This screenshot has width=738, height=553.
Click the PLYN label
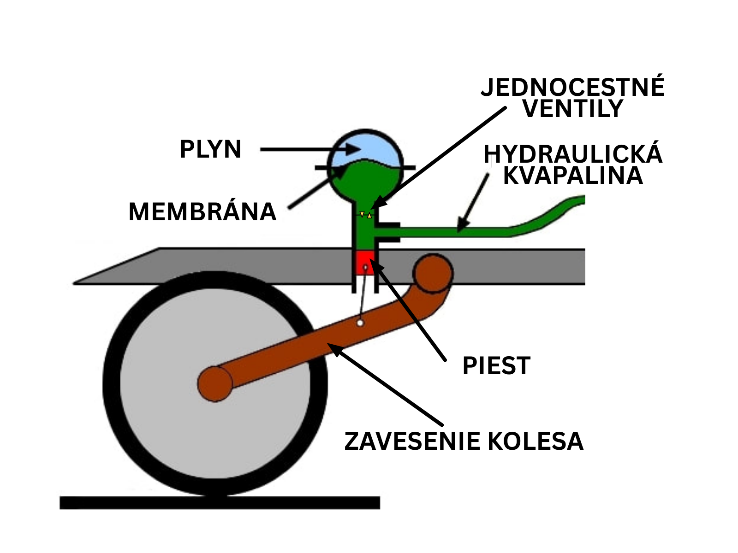click(210, 149)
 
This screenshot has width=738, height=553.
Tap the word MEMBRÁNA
click(202, 212)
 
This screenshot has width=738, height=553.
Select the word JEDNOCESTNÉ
click(572, 87)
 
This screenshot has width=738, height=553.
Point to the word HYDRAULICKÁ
click(572, 154)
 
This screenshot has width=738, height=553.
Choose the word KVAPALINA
click(572, 176)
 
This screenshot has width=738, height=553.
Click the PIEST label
click(496, 366)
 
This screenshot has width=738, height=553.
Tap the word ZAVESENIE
click(412, 441)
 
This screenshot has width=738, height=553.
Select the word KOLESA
click(535, 441)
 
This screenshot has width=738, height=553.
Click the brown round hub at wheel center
click(215, 383)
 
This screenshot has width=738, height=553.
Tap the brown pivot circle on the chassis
click(433, 273)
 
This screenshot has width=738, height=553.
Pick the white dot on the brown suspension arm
click(360, 323)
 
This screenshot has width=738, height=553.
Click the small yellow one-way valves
click(366, 215)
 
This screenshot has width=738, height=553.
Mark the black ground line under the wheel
click(220, 502)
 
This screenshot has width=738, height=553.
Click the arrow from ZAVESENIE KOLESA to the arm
click(387, 386)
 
